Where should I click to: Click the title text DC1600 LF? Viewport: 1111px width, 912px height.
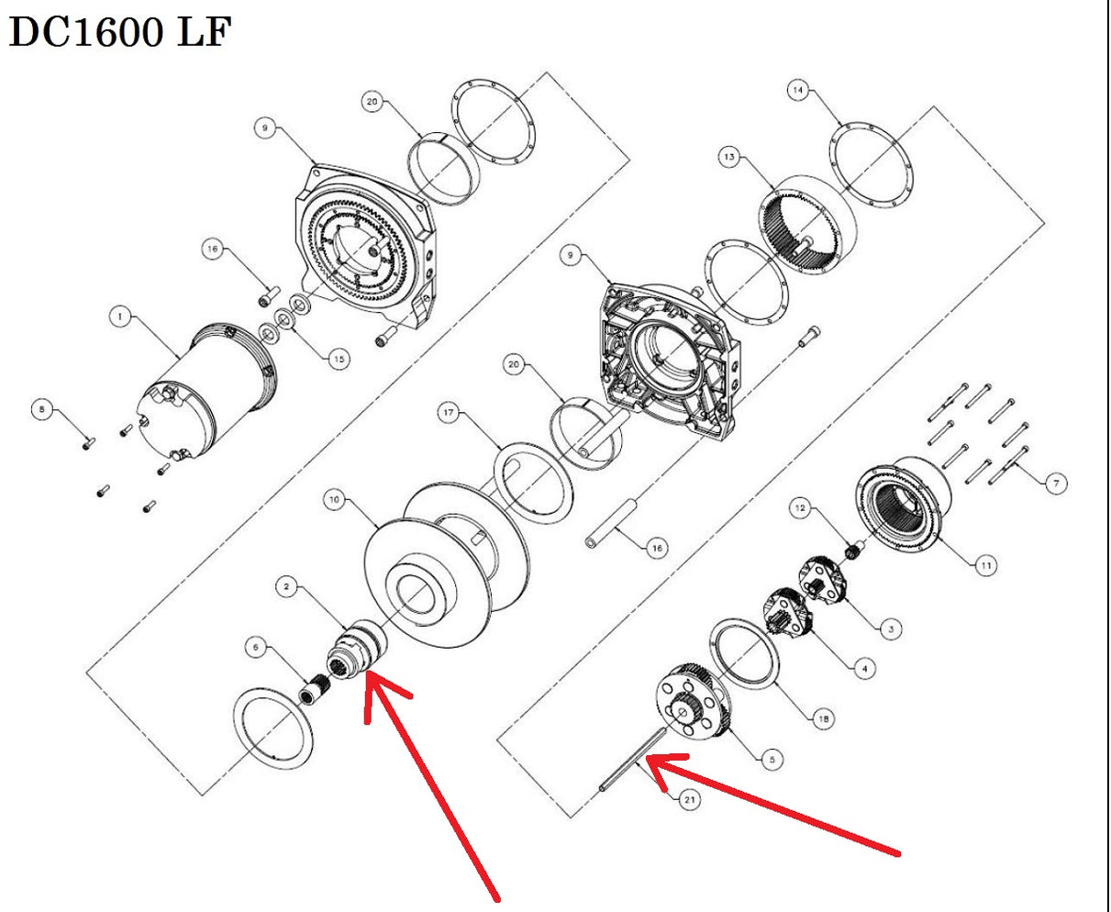tap(119, 34)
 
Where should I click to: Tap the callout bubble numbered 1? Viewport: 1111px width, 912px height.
tap(119, 317)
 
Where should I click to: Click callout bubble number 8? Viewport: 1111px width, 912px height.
tap(39, 408)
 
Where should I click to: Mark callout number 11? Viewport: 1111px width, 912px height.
tap(985, 566)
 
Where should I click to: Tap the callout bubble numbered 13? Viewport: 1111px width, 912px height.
tap(728, 158)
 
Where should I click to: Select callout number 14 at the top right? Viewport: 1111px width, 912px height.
tap(798, 90)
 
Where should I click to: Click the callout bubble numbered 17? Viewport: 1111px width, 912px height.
tap(448, 414)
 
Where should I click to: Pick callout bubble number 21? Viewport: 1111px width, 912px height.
tap(689, 800)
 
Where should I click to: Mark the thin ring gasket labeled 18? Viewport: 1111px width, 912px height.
tap(745, 657)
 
